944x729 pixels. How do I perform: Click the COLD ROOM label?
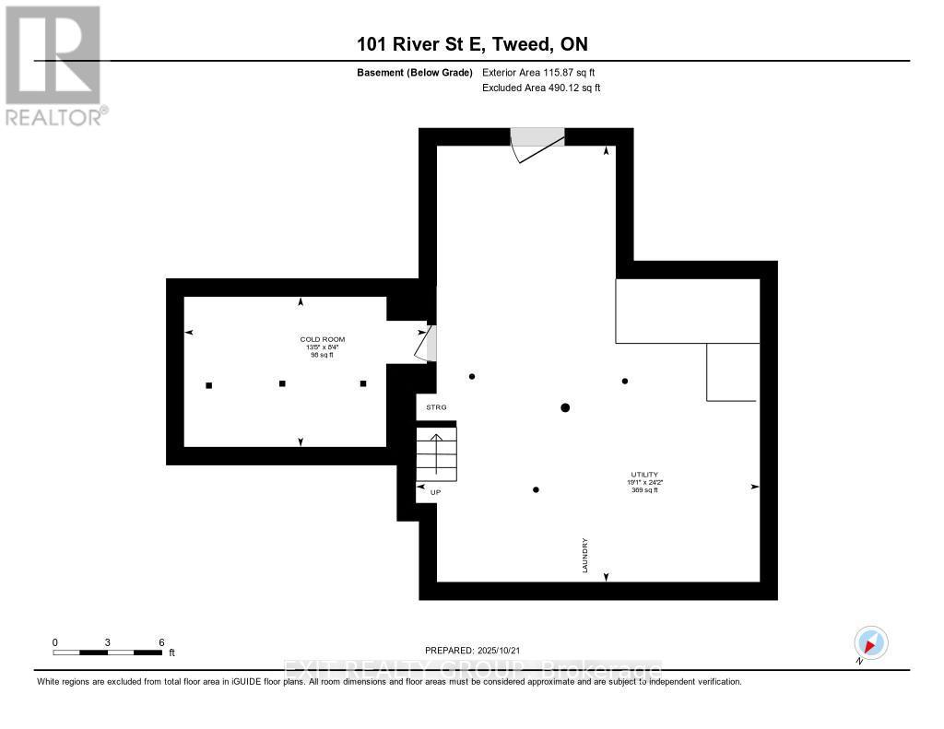point(323,339)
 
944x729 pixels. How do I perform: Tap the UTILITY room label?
point(644,474)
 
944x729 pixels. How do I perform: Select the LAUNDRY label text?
point(585,556)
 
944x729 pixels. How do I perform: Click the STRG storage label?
point(435,406)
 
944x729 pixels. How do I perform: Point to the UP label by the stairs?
point(435,492)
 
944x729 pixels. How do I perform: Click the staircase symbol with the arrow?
point(437,453)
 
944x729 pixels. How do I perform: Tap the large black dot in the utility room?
point(565,407)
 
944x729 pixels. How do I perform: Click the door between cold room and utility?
point(427,343)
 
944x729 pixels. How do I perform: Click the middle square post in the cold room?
point(283,383)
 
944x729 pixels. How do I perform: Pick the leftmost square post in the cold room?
point(209,385)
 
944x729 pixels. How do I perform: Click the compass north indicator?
point(870,643)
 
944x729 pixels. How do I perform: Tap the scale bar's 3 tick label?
point(108,642)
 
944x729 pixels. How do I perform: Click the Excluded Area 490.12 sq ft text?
point(541,88)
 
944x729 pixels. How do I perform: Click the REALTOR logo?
point(54,64)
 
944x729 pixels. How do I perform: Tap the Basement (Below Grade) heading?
point(415,72)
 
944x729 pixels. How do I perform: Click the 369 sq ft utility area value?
point(644,490)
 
